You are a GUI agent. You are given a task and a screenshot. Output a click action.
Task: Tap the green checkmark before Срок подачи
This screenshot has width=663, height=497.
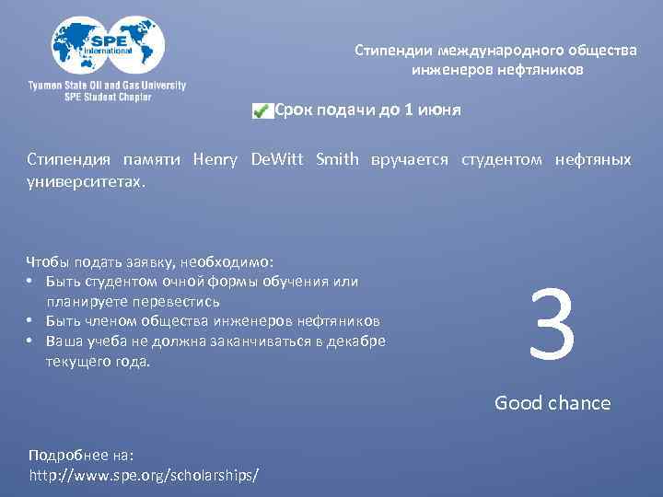261,111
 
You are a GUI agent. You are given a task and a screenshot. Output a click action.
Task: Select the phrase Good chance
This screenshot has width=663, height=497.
552,402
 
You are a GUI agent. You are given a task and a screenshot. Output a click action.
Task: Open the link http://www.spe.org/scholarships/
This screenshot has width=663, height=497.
144,475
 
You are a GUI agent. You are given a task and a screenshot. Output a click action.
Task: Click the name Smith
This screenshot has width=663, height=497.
337,159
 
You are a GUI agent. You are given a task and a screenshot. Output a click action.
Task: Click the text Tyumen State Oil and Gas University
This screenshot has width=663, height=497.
107,86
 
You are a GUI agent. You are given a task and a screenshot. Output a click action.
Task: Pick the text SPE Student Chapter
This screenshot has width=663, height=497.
108,97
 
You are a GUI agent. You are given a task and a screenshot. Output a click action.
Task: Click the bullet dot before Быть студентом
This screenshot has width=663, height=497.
30,282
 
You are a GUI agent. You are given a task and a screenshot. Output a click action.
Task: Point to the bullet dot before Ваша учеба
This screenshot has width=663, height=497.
30,341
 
